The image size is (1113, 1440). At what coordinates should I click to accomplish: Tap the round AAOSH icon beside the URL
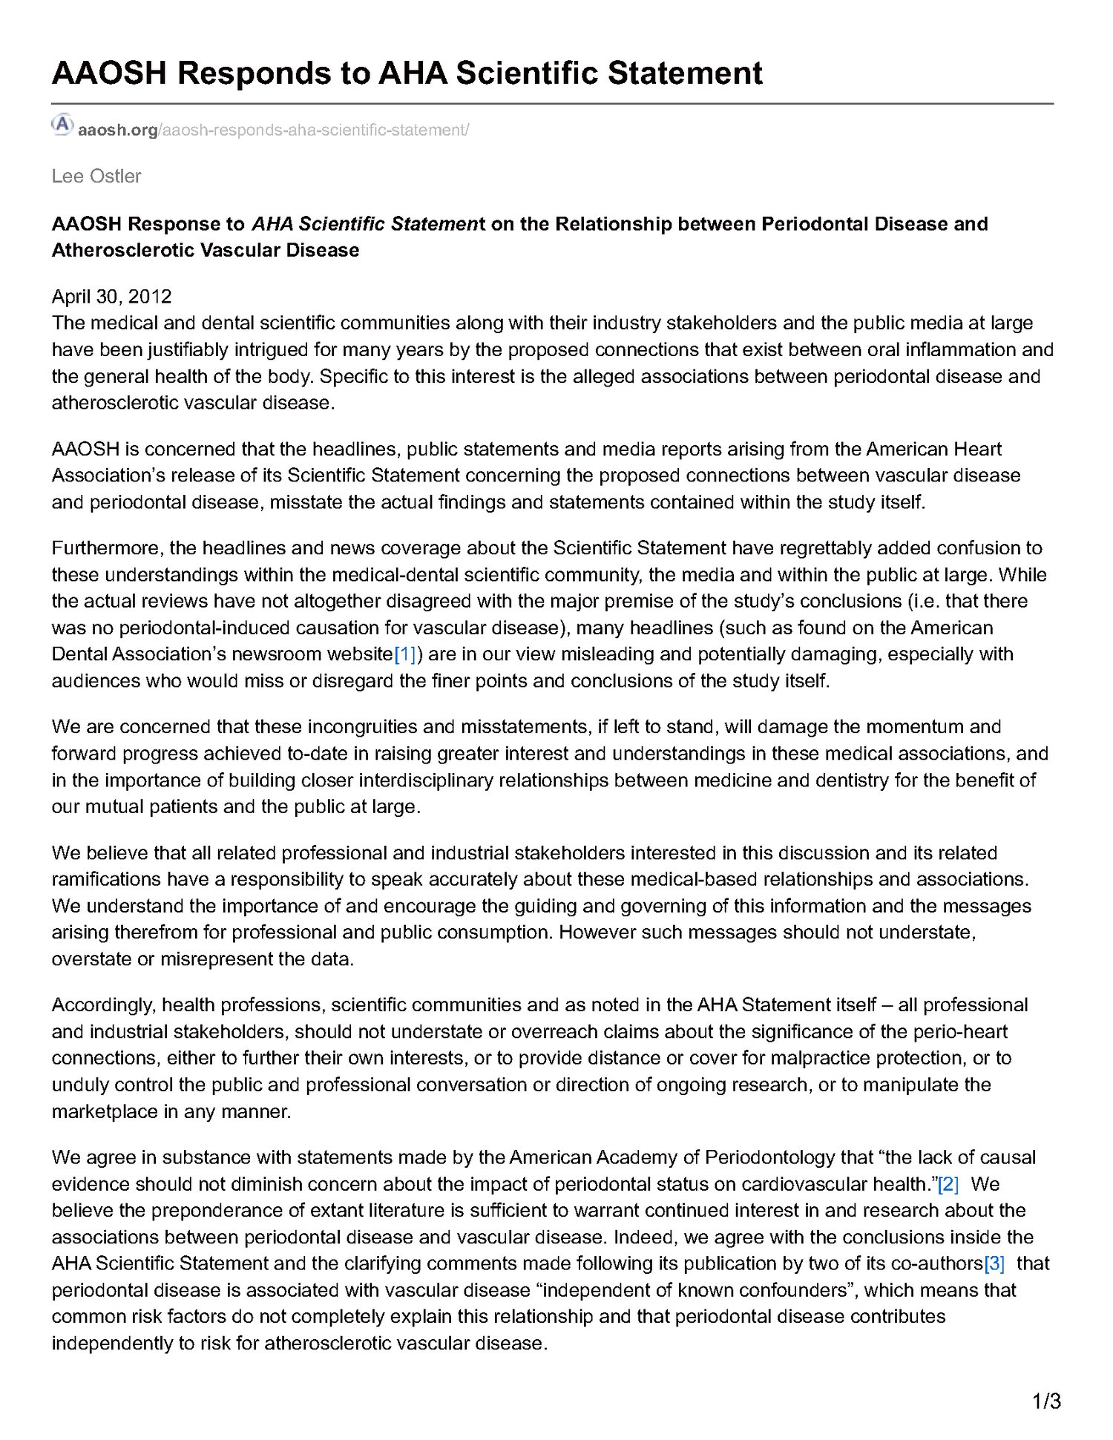point(62,124)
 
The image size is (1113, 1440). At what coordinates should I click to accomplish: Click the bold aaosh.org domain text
point(117,131)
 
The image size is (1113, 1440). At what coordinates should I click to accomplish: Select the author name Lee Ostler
point(96,177)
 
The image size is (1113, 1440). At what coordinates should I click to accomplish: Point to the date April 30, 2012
point(111,297)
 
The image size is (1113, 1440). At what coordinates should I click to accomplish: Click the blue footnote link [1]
point(405,654)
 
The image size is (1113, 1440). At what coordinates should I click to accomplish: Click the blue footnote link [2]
point(948,1184)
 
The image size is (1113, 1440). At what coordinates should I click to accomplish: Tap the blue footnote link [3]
point(994,1263)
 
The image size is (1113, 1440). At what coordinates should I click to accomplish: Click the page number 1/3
point(1046,1401)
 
